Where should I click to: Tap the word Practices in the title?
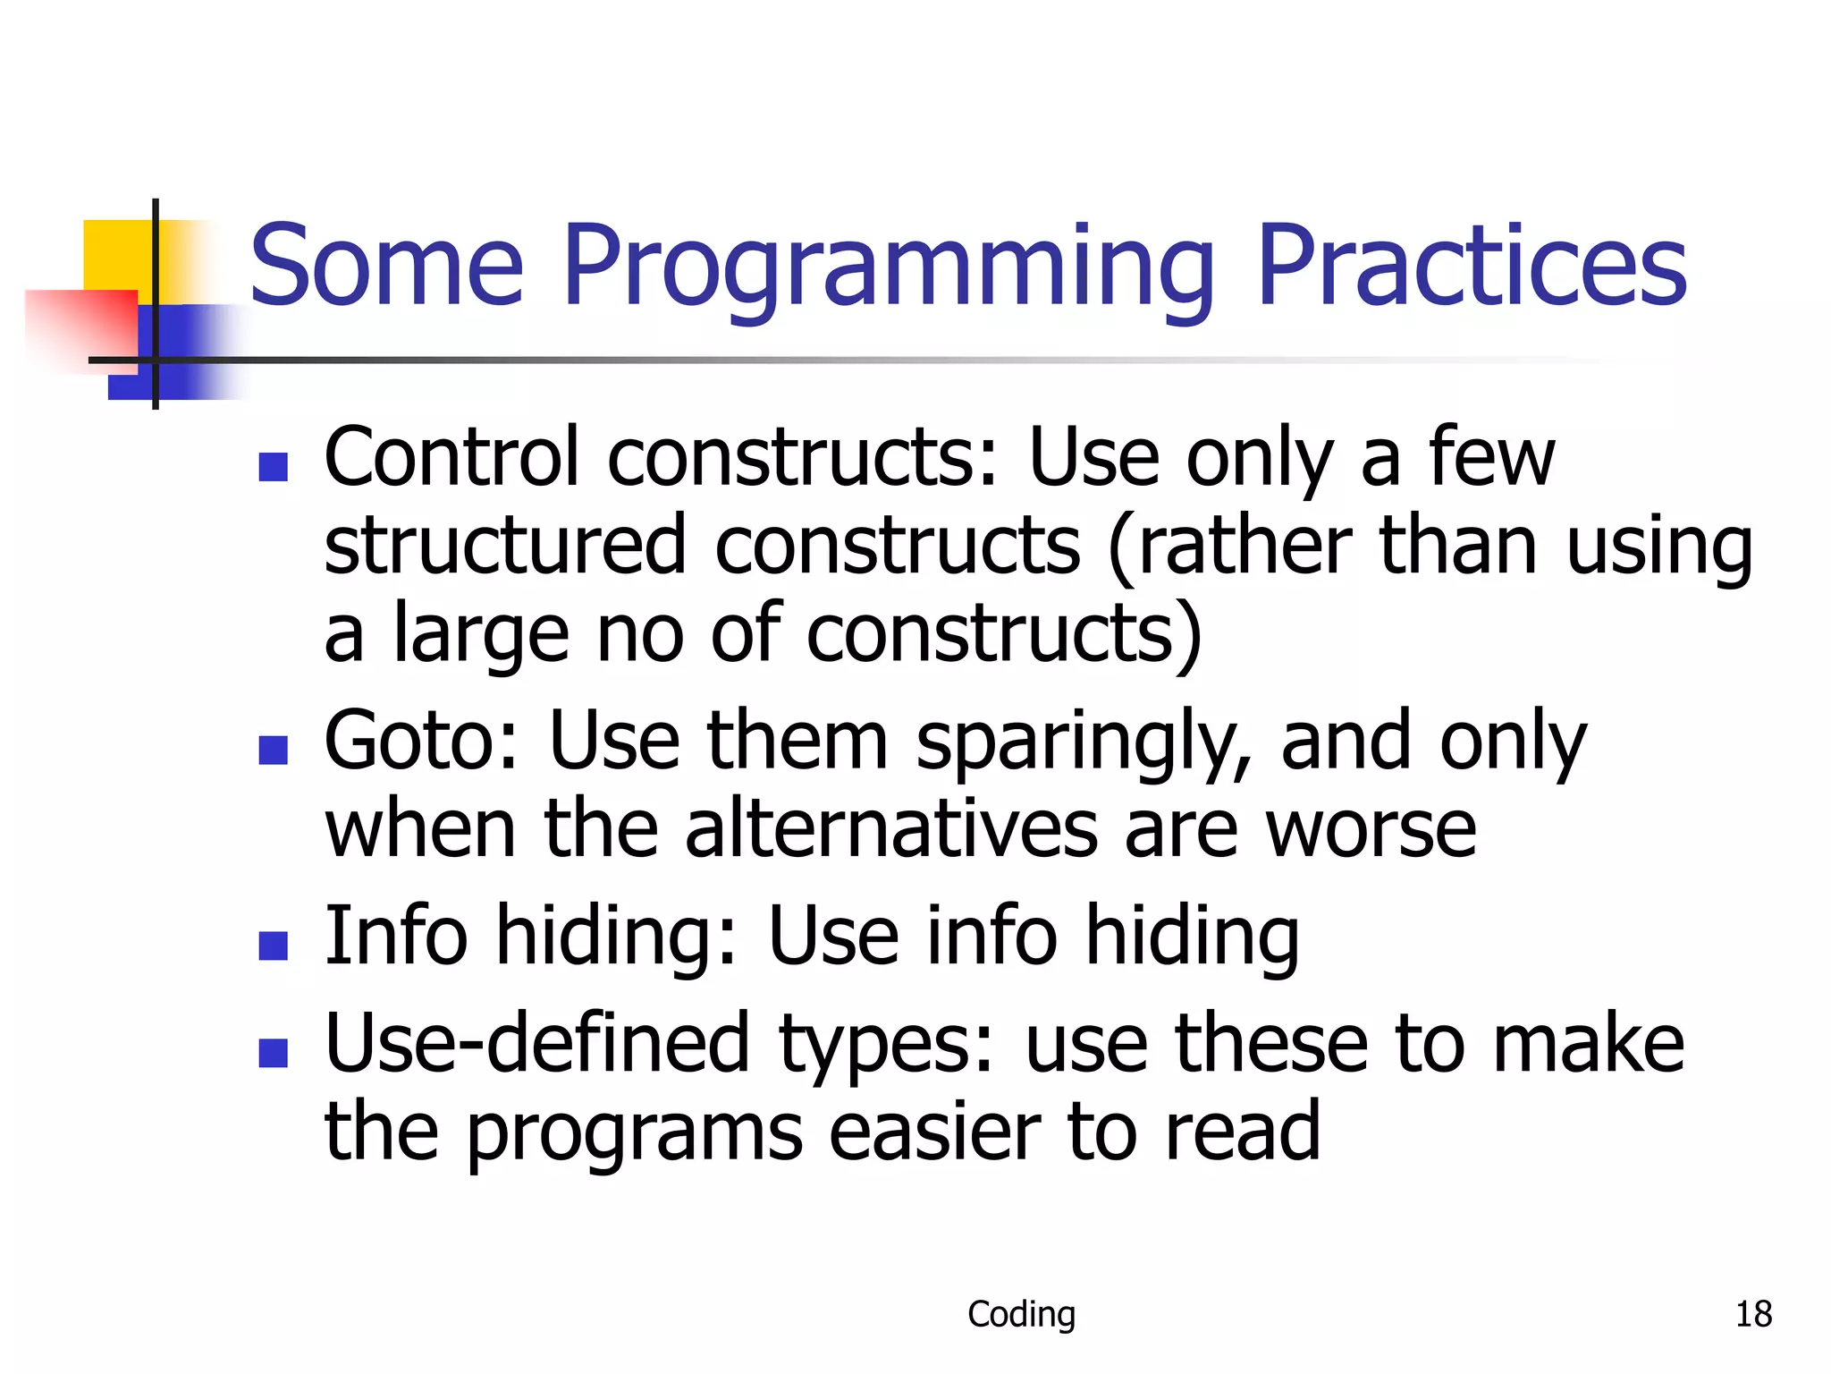pos(1471,265)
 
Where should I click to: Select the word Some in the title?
pos(386,267)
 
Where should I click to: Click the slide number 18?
pos(1753,1314)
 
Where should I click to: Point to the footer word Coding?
pos(1021,1314)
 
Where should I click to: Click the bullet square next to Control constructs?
pos(273,466)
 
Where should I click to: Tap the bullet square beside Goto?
pos(273,750)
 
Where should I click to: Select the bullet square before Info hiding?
pos(273,945)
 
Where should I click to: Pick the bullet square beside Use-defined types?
pos(273,1053)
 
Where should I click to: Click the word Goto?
pos(420,741)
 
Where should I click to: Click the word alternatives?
pos(891,829)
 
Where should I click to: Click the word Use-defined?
pos(536,1043)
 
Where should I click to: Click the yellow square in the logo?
pos(116,255)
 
